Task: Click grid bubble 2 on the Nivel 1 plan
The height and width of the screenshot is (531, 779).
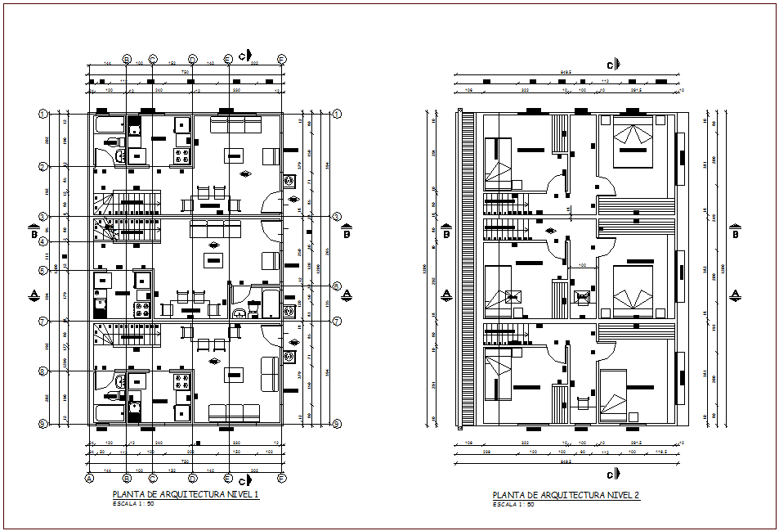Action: click(x=42, y=167)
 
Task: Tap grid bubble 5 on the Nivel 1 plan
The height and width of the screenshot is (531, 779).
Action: click(x=42, y=271)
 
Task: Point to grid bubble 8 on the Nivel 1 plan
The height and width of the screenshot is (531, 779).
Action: click(x=42, y=371)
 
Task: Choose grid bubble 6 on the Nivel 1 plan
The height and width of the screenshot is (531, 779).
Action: click(x=336, y=286)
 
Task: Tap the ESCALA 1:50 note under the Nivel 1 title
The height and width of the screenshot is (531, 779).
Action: click(x=133, y=504)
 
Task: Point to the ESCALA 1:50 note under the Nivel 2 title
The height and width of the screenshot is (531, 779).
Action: click(x=514, y=504)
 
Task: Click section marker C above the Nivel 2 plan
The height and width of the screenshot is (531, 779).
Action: click(x=611, y=64)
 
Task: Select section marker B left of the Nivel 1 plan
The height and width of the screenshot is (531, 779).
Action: click(x=34, y=234)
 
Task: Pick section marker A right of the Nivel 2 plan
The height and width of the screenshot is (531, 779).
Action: click(x=736, y=294)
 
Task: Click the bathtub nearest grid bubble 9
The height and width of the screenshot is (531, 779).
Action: click(x=108, y=412)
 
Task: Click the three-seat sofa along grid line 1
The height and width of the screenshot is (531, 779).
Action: click(x=234, y=124)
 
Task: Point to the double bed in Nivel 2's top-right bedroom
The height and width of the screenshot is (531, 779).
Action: click(x=630, y=140)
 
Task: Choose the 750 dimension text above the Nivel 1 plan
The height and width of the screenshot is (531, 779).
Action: click(x=186, y=72)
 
